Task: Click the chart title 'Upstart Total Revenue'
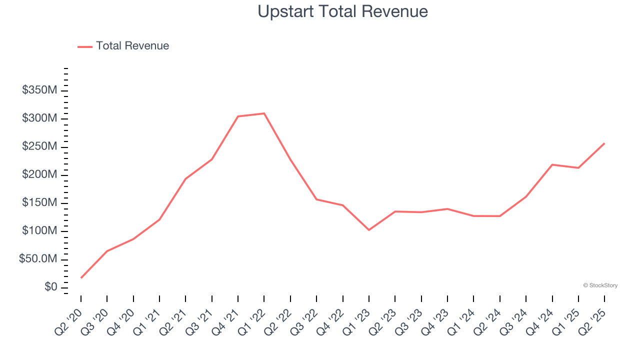point(342,11)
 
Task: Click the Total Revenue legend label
point(132,46)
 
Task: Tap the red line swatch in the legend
point(85,46)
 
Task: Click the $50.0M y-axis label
point(38,259)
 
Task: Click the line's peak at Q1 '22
point(264,113)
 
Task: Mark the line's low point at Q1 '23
point(369,230)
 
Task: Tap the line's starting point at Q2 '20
point(81,277)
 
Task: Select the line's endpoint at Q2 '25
point(604,143)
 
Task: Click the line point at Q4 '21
point(238,116)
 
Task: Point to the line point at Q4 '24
point(552,164)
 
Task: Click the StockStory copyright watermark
point(600,285)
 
